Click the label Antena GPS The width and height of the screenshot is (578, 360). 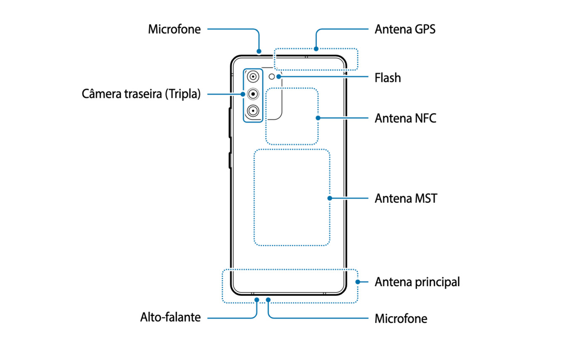click(x=405, y=30)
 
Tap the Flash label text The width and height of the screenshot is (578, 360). click(x=388, y=78)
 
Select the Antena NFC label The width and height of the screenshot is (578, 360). click(x=405, y=118)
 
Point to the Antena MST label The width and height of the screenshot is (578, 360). click(x=405, y=198)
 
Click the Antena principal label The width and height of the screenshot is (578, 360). click(x=417, y=282)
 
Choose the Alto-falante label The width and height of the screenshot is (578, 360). click(x=170, y=317)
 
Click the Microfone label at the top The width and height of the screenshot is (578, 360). click(x=174, y=30)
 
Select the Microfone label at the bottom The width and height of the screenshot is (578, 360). click(x=401, y=319)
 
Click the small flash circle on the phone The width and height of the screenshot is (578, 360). click(x=272, y=76)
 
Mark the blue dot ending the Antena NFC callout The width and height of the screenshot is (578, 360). click(x=318, y=118)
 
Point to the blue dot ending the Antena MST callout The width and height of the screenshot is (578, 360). click(x=330, y=198)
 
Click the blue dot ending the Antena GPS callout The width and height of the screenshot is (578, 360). click(x=316, y=48)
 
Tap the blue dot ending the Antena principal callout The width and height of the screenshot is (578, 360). click(x=358, y=282)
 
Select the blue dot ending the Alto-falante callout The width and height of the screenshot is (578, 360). click(x=257, y=300)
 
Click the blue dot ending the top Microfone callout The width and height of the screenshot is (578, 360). click(x=259, y=52)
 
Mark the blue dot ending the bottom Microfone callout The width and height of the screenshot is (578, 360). click(x=268, y=300)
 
